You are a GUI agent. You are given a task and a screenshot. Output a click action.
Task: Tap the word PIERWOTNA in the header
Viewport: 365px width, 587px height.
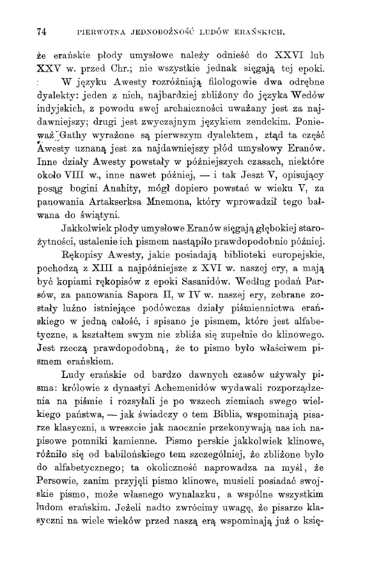[99, 30]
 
